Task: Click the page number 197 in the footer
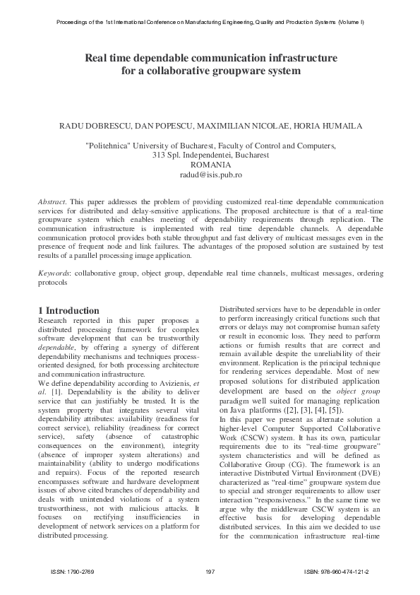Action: click(x=210, y=570)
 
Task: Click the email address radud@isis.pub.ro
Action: click(x=210, y=174)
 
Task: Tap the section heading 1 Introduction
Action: click(x=68, y=310)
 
